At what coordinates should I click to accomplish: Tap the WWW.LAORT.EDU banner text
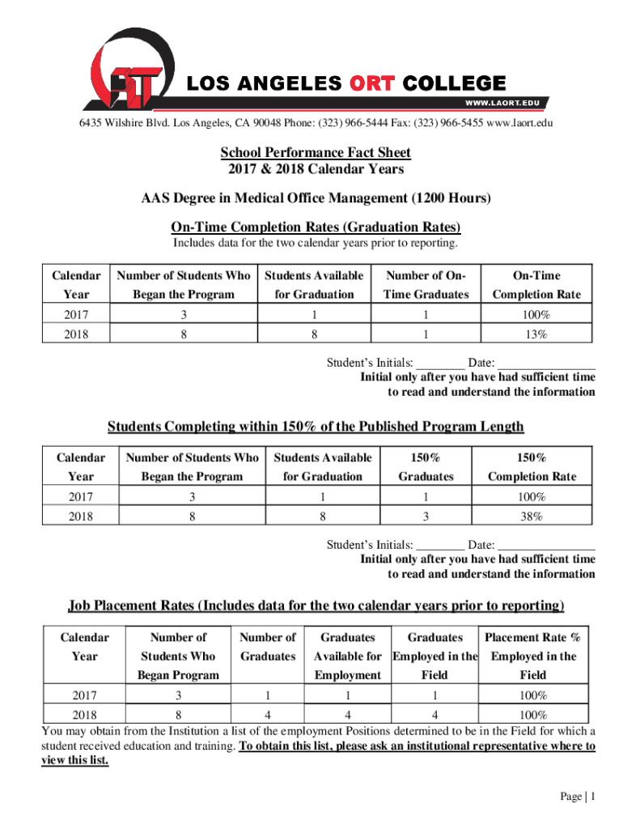(502, 103)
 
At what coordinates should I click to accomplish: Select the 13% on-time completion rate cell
(536, 334)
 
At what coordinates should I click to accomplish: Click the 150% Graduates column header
(431, 467)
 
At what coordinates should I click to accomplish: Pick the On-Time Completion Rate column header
(536, 285)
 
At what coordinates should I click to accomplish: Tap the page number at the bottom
(578, 797)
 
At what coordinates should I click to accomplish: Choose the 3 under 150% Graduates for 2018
(431, 516)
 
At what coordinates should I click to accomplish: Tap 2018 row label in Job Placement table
(84, 715)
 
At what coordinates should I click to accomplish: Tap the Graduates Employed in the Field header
(434, 656)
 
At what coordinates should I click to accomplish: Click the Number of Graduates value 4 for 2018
(267, 715)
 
